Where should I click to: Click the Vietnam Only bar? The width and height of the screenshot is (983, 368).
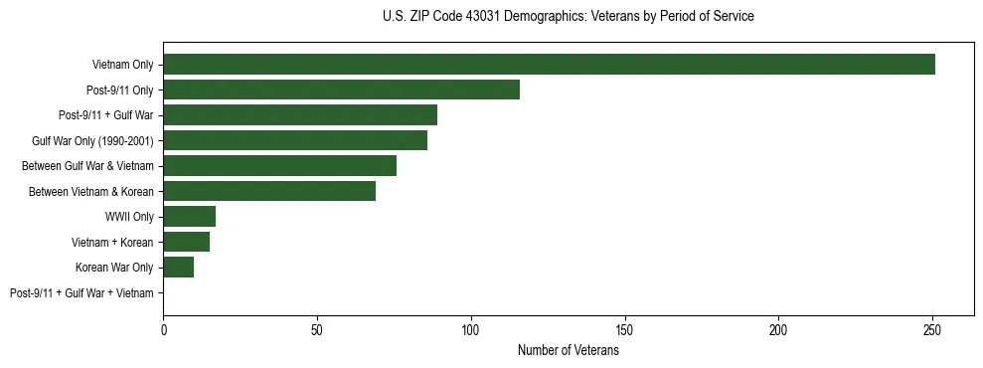pos(549,65)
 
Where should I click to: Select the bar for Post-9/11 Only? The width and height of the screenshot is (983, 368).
pos(341,91)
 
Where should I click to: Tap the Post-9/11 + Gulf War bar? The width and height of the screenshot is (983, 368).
pos(300,115)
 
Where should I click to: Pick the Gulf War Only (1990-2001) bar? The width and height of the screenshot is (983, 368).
pos(295,140)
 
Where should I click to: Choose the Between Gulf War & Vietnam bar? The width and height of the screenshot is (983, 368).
pos(279,166)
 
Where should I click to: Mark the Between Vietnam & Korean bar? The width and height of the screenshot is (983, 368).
pos(269,191)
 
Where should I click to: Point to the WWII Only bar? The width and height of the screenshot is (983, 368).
pos(189,217)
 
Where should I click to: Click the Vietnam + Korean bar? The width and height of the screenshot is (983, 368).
pos(186,242)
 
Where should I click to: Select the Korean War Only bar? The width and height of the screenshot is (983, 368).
pos(178,268)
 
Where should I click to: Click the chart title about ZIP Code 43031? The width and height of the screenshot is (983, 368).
pos(568,17)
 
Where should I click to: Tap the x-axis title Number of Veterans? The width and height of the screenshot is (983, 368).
pos(568,350)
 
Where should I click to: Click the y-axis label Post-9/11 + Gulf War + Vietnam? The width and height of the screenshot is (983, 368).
pos(82,293)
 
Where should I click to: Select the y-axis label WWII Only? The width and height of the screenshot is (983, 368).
pos(129,217)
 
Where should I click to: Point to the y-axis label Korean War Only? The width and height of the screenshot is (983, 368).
pos(114,268)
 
